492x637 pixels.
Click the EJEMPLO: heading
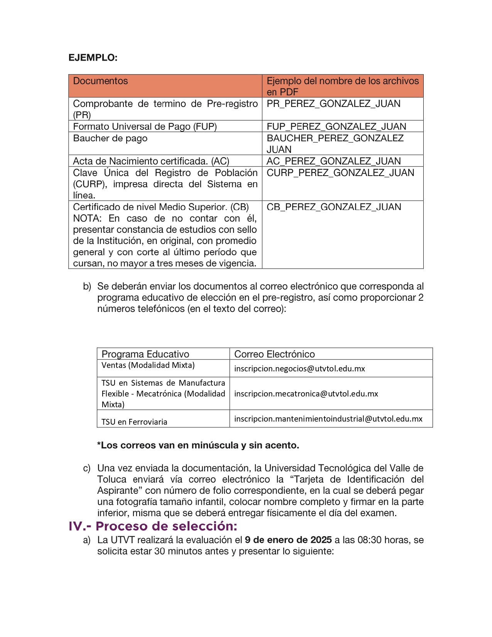(93, 58)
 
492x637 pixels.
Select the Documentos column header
(100, 81)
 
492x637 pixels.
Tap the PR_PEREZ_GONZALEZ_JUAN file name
(333, 104)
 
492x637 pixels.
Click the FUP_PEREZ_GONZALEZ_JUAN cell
(336, 127)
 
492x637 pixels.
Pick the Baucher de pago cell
(110, 138)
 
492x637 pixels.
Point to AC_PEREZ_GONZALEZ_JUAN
(333, 161)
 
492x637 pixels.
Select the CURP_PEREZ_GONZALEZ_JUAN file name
(340, 173)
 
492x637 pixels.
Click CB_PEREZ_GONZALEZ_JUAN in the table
(333, 207)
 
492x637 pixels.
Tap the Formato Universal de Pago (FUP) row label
(145, 127)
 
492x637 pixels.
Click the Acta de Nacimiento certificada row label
(151, 161)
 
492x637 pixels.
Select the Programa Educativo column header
(145, 354)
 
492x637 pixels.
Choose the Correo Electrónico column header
(274, 354)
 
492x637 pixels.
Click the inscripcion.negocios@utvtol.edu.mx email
(299, 369)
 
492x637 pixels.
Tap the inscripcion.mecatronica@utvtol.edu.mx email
(306, 394)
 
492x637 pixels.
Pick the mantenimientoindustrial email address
(328, 419)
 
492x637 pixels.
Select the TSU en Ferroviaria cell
(134, 422)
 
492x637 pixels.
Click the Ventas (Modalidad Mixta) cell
(148, 365)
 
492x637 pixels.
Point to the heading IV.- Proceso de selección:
(153, 526)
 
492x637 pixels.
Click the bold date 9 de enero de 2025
(288, 540)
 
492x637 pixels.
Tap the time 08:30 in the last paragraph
(369, 540)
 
